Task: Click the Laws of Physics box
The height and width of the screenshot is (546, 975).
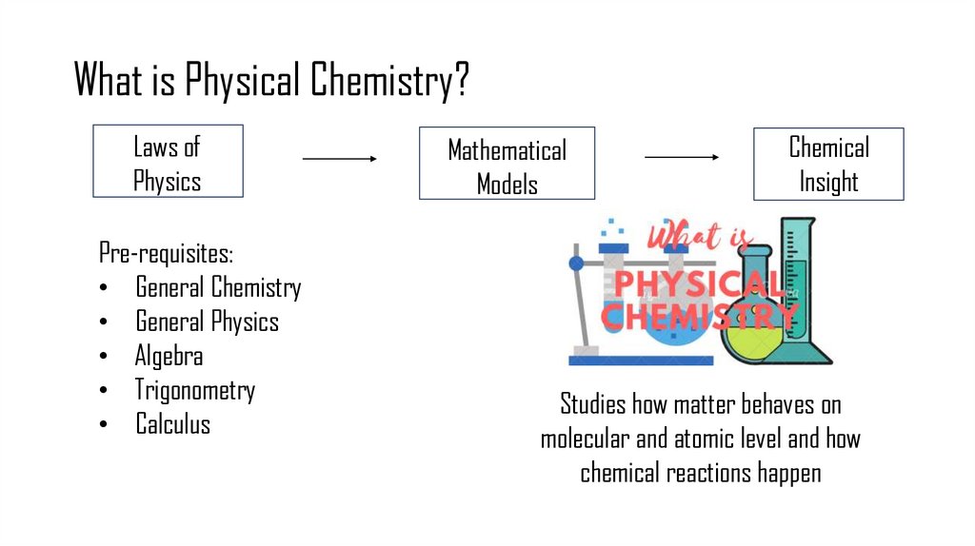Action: click(x=168, y=162)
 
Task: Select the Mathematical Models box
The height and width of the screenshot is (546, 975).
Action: click(x=507, y=164)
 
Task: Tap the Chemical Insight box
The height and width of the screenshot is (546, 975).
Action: click(x=828, y=164)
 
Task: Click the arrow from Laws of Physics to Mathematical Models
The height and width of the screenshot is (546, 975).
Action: click(x=340, y=159)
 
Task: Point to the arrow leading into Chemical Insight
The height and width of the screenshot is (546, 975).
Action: click(x=682, y=156)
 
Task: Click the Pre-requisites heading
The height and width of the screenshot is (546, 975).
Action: click(x=166, y=254)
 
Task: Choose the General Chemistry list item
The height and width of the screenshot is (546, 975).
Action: click(x=218, y=287)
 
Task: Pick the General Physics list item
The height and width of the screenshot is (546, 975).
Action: click(x=207, y=322)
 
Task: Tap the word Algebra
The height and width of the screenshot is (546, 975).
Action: click(x=169, y=356)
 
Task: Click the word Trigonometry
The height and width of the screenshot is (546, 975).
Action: click(x=195, y=390)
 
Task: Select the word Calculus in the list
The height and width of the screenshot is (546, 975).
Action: click(x=172, y=423)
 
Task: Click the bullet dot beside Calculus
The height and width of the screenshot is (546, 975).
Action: click(x=103, y=425)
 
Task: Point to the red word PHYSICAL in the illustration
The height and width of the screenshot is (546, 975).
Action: click(x=698, y=283)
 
